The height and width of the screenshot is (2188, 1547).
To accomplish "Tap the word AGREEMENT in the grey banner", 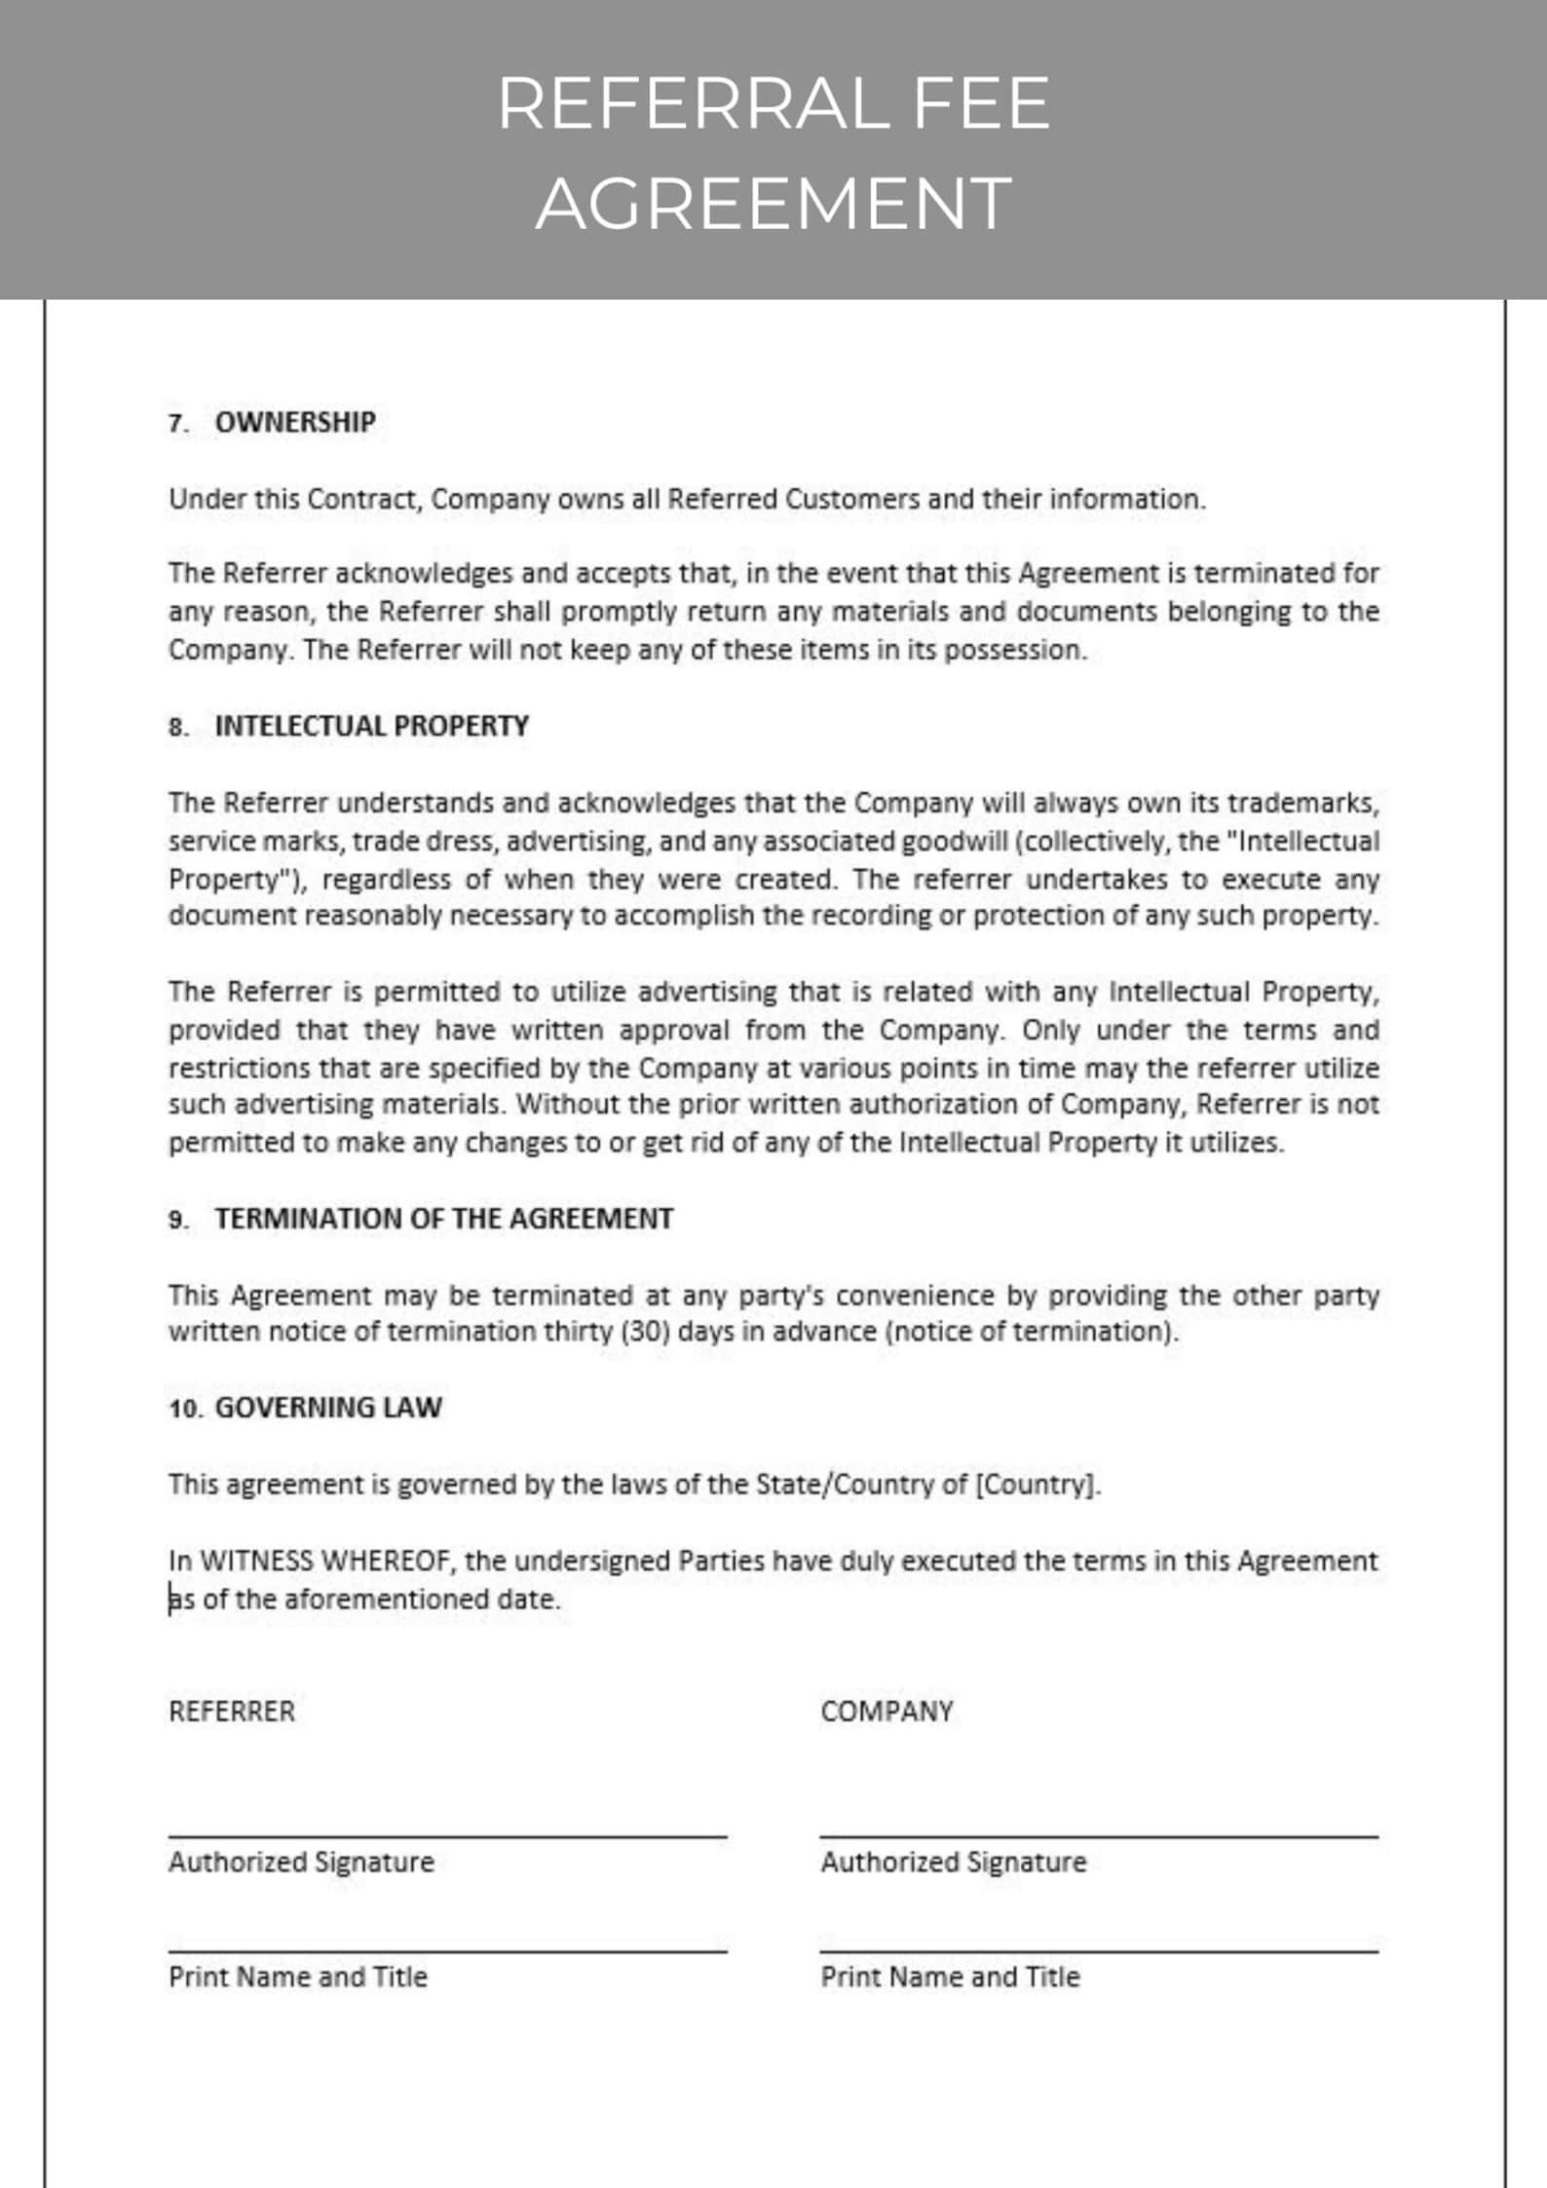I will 773,203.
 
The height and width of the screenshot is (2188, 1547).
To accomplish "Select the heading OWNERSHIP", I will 294,422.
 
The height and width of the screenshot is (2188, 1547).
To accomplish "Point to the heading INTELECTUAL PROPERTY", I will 371,726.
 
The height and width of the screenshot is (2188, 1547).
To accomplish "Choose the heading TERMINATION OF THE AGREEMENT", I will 443,1219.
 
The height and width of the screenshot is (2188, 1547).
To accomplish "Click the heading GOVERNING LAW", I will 327,1407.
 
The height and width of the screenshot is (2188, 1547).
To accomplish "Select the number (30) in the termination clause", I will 645,1331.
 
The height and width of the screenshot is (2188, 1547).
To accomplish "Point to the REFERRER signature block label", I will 231,1712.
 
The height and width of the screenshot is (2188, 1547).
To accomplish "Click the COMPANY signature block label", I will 886,1712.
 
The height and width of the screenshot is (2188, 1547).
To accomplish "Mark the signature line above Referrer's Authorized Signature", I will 447,1835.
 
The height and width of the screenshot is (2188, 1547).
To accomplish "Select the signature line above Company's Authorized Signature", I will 1099,1835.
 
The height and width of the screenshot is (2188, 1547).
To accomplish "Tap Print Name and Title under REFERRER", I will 297,1977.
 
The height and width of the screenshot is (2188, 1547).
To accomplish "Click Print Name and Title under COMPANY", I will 950,1977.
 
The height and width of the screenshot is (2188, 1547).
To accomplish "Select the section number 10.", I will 183,1409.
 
